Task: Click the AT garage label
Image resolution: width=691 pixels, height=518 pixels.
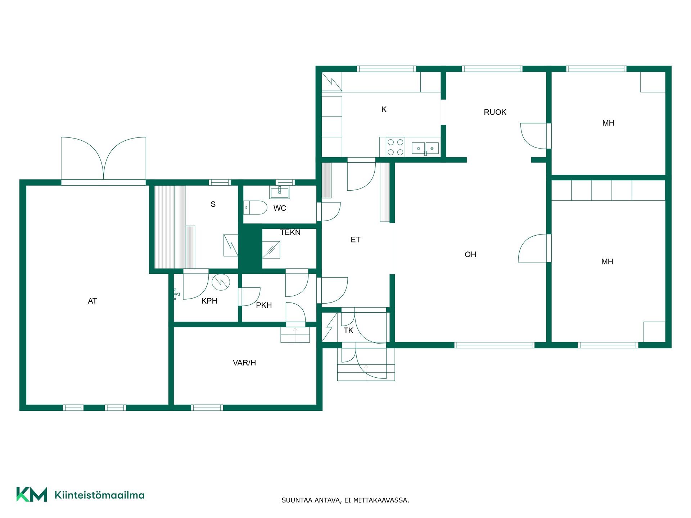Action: [x=92, y=301]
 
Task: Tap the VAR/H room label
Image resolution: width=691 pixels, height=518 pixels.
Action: [x=244, y=363]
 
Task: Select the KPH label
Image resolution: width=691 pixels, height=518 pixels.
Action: [x=209, y=301]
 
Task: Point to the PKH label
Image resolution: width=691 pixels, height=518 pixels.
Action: [x=264, y=305]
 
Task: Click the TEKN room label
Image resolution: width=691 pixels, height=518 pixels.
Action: [x=290, y=232]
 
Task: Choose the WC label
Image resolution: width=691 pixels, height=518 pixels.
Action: [x=280, y=208]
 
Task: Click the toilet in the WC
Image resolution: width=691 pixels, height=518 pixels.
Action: [x=256, y=208]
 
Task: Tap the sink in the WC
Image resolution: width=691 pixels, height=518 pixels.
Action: [x=280, y=192]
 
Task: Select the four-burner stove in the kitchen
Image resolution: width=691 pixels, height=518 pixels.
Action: [x=395, y=147]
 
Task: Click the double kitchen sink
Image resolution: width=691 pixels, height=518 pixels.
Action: [x=425, y=148]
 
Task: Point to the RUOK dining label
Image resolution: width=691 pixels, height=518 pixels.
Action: [x=495, y=112]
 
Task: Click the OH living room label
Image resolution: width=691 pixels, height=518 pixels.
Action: [x=470, y=255]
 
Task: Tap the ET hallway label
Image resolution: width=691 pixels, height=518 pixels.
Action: [x=355, y=240]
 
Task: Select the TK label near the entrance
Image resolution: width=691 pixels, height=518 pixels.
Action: [x=348, y=331]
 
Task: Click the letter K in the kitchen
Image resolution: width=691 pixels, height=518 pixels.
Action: [x=384, y=109]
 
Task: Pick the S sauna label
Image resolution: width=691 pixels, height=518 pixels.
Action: [x=213, y=204]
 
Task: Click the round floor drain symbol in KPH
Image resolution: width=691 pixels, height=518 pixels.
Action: [x=221, y=282]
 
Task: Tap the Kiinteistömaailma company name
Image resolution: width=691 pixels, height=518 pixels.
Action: [x=99, y=495]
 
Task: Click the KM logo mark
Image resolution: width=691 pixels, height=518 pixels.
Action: [x=32, y=494]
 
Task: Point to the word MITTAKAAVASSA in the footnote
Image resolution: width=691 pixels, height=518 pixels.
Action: [x=381, y=500]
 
